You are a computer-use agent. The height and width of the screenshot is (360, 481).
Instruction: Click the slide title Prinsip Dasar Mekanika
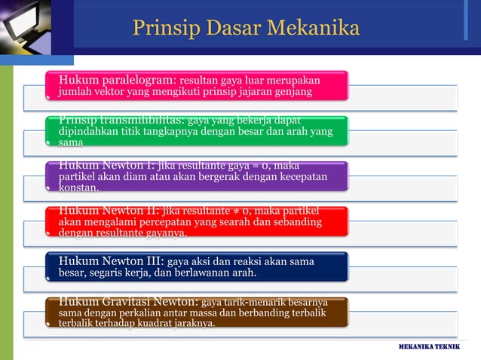coord(246,28)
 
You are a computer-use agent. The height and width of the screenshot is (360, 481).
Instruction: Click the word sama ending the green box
coord(71,142)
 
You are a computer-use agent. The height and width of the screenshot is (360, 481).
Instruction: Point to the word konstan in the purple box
coord(78,188)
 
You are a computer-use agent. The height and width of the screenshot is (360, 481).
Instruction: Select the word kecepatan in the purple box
coord(299,176)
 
